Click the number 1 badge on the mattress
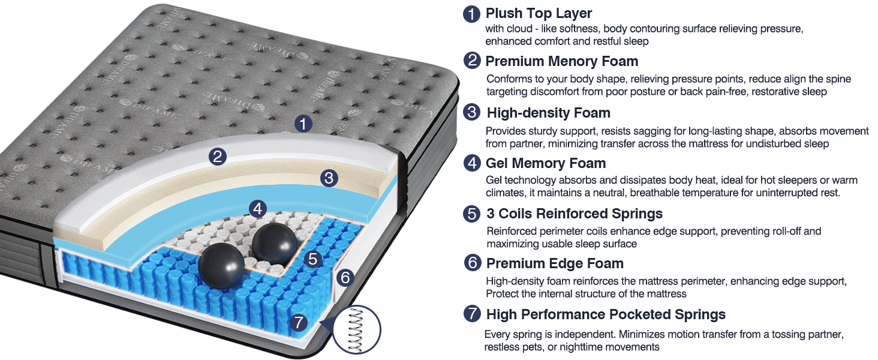point(304,124)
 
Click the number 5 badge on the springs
point(313,259)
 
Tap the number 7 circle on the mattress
point(298,323)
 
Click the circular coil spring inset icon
point(356,329)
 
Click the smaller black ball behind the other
point(275,242)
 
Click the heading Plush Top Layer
point(539,13)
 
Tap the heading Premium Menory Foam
point(561,61)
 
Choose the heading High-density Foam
point(548,113)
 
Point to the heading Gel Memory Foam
point(545,163)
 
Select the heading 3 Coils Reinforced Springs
point(574,214)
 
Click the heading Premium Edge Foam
point(555,263)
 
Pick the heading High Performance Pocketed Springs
point(606,314)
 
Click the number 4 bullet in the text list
point(472,163)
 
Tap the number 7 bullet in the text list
point(472,314)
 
